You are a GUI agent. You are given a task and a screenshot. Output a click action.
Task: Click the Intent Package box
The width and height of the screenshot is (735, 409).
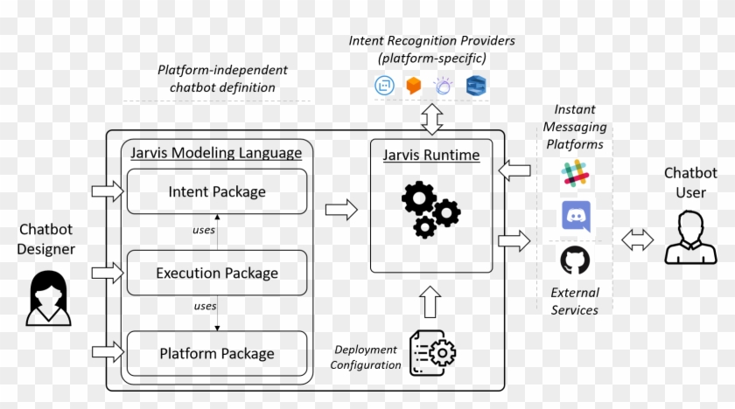(x=217, y=191)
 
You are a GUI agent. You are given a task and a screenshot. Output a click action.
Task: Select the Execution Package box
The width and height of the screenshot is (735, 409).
(x=217, y=273)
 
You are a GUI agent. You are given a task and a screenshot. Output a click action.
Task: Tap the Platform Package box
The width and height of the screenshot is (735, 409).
(x=217, y=354)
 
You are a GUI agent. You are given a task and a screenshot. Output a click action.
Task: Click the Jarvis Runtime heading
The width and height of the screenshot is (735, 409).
(x=431, y=156)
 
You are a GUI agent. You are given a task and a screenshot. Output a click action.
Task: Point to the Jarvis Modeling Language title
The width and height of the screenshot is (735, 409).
(x=216, y=153)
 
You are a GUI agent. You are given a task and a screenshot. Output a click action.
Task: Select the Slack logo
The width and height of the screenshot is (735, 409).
(x=575, y=175)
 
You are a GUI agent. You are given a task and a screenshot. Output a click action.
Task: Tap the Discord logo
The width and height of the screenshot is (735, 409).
(x=575, y=216)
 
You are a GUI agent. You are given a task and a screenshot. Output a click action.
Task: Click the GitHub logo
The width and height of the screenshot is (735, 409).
(x=575, y=260)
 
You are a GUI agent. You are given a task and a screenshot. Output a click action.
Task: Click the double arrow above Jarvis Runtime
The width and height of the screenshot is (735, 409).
(x=431, y=118)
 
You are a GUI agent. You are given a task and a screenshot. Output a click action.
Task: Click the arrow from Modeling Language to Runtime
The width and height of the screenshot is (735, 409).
(x=341, y=209)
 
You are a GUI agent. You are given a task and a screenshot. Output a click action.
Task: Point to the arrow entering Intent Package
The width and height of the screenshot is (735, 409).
(x=107, y=191)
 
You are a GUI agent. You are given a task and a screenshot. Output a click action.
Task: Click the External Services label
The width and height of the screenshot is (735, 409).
(x=575, y=302)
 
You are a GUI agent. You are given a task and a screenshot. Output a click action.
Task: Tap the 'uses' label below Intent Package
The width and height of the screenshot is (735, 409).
(x=204, y=231)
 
